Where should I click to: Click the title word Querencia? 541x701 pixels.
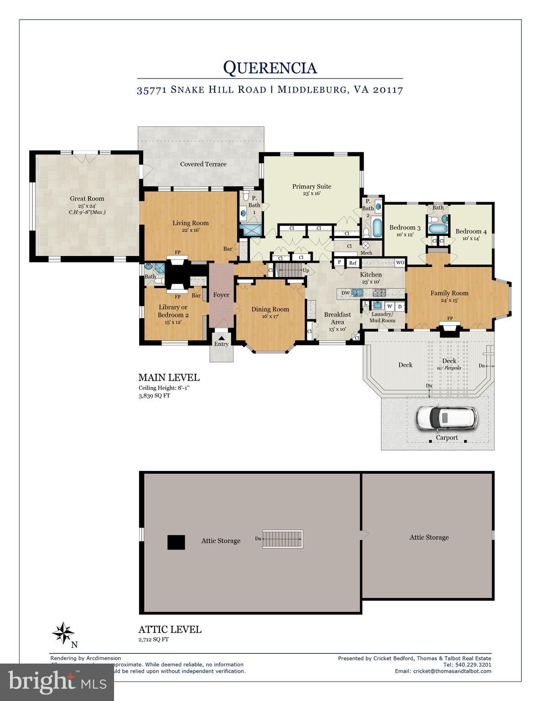pos(270,68)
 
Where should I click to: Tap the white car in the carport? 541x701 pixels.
pos(447,418)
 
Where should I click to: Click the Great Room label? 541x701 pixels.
pos(87,199)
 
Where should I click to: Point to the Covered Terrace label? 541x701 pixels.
pos(203,164)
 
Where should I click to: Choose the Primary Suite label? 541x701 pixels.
pos(312,186)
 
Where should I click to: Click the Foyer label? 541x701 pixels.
pos(221,295)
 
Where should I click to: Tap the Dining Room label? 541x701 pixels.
pos(270,309)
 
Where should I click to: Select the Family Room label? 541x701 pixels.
pos(449,293)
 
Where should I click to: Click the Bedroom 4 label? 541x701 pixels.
pos(471,231)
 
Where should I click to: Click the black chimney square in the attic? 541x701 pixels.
pos(176,542)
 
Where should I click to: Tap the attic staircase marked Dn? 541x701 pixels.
pos(284,539)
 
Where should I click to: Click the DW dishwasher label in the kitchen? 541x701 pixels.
pos(345,293)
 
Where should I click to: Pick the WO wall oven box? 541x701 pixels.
pos(400,263)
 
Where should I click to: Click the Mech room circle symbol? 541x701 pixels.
pos(365,246)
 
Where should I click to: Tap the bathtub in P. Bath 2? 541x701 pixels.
pos(377,228)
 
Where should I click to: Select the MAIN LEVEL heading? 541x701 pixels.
pos(169,377)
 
